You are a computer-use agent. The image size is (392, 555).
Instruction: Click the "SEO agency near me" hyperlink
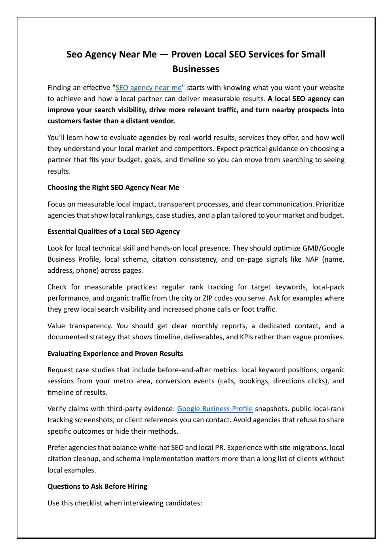pos(148,88)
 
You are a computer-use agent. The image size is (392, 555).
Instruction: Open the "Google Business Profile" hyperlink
pos(215,409)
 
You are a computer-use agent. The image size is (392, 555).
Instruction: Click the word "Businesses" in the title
pos(196,69)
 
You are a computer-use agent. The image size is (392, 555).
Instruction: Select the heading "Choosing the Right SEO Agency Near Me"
pos(113,188)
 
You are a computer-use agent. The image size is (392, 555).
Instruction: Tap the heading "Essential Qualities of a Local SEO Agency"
pos(114,232)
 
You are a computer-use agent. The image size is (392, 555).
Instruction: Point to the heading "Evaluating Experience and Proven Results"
pos(115,354)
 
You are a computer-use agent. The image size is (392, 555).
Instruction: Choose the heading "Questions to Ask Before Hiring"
pos(97,486)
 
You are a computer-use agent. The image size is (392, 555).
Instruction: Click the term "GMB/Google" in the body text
pos(323,248)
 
